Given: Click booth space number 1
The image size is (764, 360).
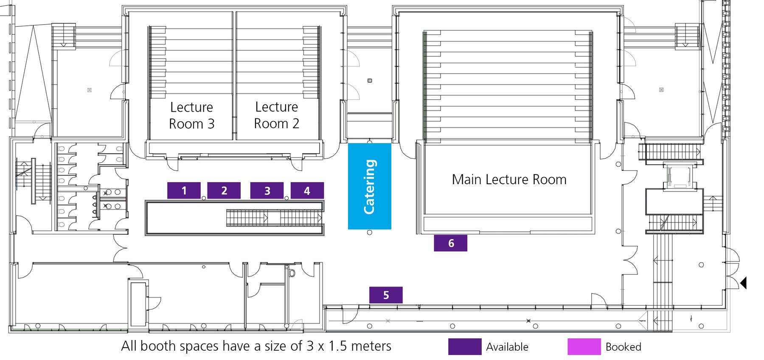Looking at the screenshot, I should (x=184, y=191).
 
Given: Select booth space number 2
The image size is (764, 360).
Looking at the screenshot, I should (x=224, y=191).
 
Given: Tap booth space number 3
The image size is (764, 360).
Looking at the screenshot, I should (x=267, y=191).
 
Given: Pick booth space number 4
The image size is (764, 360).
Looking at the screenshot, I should (x=307, y=191).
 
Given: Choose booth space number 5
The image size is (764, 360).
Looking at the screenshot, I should (x=386, y=295).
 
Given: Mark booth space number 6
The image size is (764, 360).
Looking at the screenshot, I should (x=450, y=243).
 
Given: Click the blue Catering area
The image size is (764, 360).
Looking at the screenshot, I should (x=369, y=186).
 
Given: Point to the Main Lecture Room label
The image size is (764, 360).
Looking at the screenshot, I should (x=509, y=180).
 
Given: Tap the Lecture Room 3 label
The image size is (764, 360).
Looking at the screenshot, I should (x=191, y=115).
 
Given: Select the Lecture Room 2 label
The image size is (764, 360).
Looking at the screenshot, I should (x=276, y=115).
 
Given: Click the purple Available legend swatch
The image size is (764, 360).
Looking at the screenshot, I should (x=465, y=346).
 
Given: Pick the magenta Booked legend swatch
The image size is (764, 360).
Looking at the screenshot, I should (x=584, y=346).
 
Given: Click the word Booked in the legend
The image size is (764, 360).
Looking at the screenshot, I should (x=623, y=347).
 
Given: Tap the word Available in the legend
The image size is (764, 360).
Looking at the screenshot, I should (x=507, y=347).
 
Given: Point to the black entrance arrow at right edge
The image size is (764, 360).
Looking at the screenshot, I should (x=743, y=283).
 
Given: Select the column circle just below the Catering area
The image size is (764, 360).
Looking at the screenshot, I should (x=369, y=233).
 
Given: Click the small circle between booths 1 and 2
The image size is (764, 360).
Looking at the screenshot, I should (x=204, y=198).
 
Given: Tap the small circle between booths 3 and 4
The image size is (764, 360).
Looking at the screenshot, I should (x=286, y=198).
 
